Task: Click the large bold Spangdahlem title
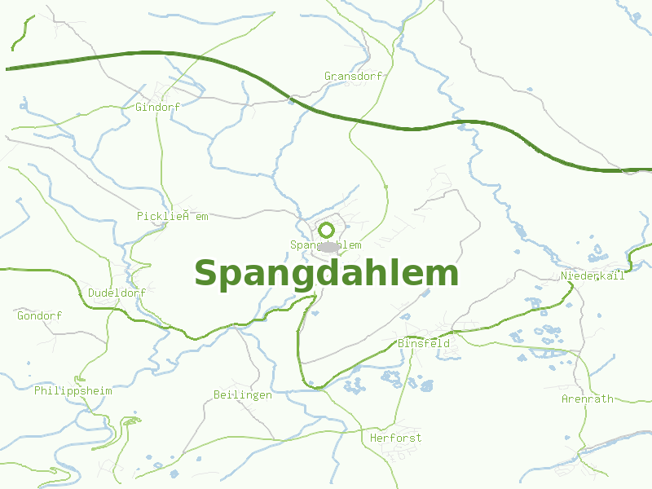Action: pos(326,274)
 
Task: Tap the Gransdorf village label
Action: pos(353,77)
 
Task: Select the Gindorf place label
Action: pos(157,107)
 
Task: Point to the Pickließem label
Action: pos(173,217)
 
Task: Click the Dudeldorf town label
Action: pos(117,293)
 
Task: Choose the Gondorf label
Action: pos(39,315)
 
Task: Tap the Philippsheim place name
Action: pos(73,391)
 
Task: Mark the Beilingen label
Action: pos(242,395)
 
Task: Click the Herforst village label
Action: pos(395,438)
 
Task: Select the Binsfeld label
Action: pos(423,344)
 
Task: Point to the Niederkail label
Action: pos(593,276)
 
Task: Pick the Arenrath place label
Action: pos(587,399)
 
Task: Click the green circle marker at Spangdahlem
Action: pos(326,230)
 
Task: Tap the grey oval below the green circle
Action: pos(328,246)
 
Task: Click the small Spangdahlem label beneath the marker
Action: pos(325,245)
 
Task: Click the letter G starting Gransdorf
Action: pos(328,77)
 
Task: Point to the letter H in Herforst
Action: pos(373,438)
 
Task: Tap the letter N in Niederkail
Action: pos(564,276)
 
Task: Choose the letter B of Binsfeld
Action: pos(401,344)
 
